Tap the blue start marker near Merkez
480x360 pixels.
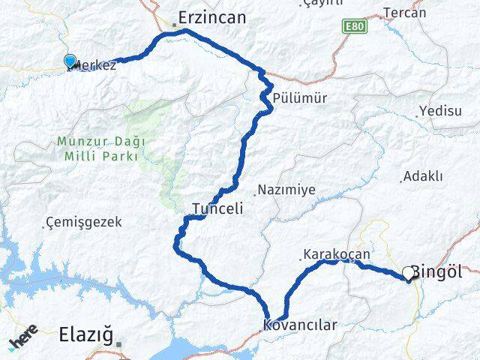tap(70, 61)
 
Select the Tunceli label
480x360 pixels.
tap(217, 209)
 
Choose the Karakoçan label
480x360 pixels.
tap(337, 254)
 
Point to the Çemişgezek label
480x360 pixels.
tap(83, 222)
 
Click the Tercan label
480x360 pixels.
tap(404, 12)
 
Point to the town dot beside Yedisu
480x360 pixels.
tap(417, 115)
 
